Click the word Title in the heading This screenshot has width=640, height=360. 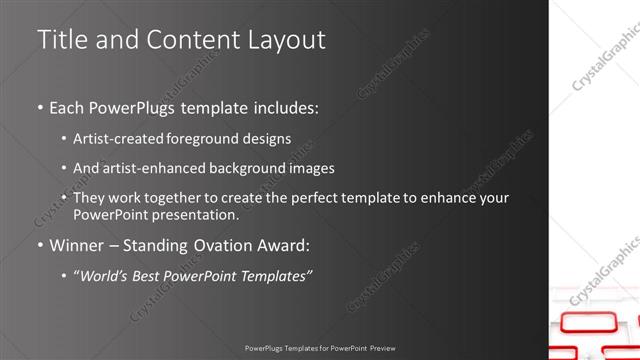[x=59, y=40]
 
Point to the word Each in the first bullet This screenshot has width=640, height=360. [x=66, y=106]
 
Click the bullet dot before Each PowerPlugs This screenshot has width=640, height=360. [x=41, y=106]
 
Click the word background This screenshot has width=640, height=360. [x=243, y=169]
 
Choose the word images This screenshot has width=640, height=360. [x=309, y=169]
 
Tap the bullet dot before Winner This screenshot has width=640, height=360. [x=41, y=245]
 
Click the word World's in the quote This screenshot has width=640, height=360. [x=103, y=275]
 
